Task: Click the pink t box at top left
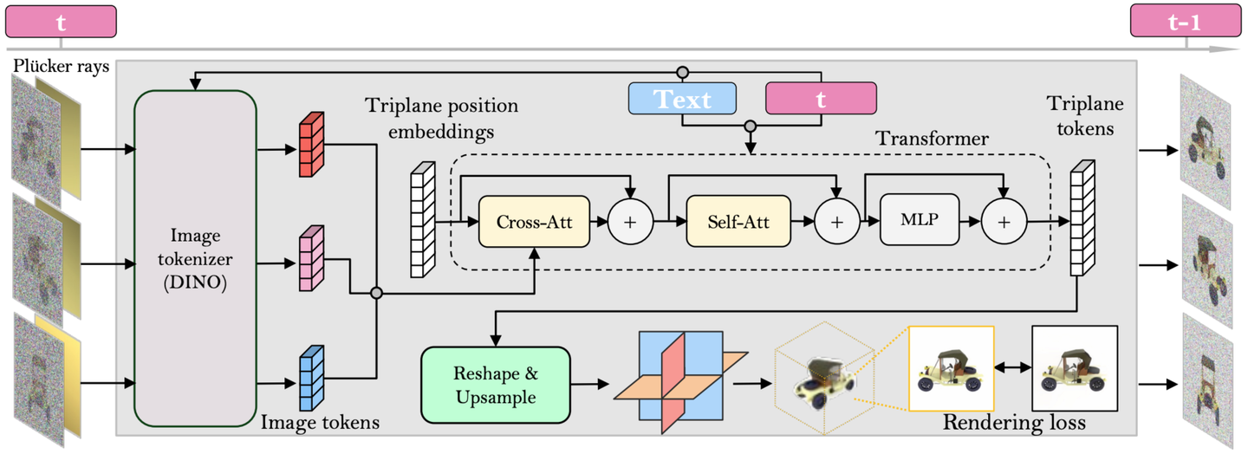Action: [61, 22]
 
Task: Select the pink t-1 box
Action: [1184, 22]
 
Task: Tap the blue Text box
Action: [682, 99]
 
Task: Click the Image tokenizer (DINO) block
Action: [195, 257]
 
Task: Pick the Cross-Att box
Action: [534, 221]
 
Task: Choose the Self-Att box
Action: [740, 221]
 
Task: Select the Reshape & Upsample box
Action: [495, 386]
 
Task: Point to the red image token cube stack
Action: [310, 145]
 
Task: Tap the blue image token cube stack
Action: [310, 378]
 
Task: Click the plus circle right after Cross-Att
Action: [630, 222]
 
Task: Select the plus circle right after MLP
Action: [1004, 222]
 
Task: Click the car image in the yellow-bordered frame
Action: [951, 368]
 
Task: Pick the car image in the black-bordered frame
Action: [1075, 368]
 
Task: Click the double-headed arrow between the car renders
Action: [1013, 368]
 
